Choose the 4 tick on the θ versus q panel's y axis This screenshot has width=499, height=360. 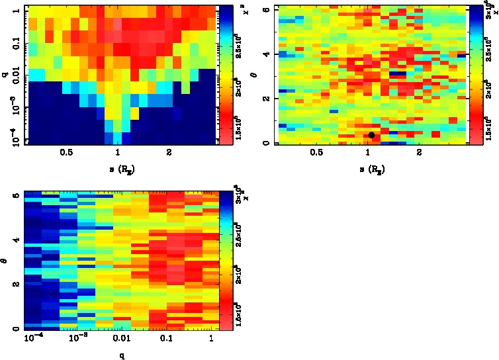click(16, 240)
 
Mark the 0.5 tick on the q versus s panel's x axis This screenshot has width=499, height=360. click(66, 152)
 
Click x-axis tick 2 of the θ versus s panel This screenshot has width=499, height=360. click(419, 152)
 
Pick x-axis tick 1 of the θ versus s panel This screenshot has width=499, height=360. click(368, 152)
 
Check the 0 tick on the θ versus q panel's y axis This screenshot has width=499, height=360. click(16, 329)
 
